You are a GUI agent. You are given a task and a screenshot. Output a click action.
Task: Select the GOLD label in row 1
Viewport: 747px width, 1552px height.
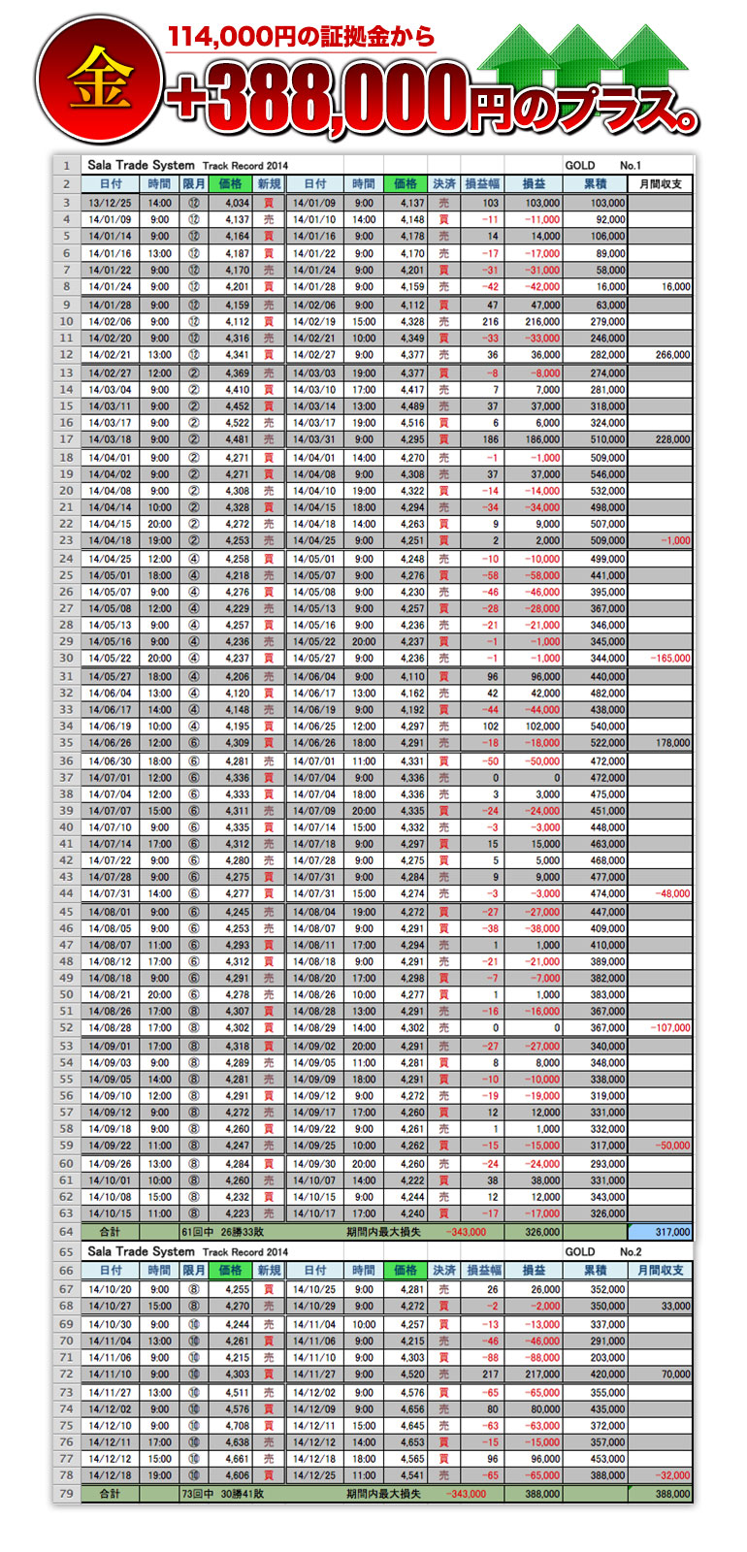pos(580,166)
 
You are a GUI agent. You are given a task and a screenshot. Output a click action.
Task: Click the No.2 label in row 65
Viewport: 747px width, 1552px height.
pos(631,1252)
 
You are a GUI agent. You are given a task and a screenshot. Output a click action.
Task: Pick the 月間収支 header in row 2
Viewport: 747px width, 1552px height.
pos(661,184)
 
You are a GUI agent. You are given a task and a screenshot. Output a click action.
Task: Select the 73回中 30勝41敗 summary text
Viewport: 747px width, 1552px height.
pos(223,1495)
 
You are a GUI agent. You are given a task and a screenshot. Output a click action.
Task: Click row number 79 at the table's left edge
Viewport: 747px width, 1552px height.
pos(66,1495)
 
